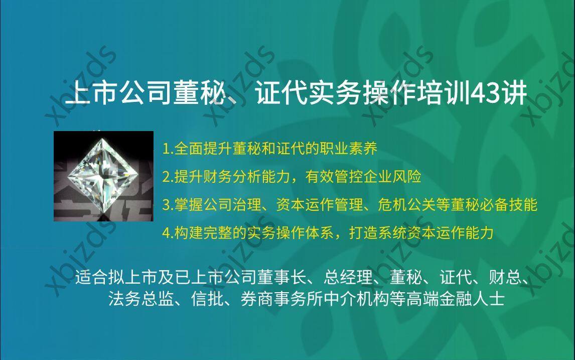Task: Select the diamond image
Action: coord(103,176)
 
